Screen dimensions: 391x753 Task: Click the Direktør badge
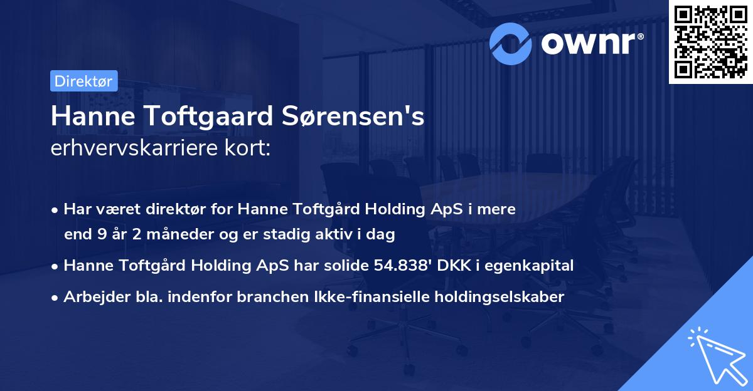click(83, 81)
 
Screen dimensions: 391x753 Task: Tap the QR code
click(710, 41)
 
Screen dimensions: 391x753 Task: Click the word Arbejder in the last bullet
click(90, 296)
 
